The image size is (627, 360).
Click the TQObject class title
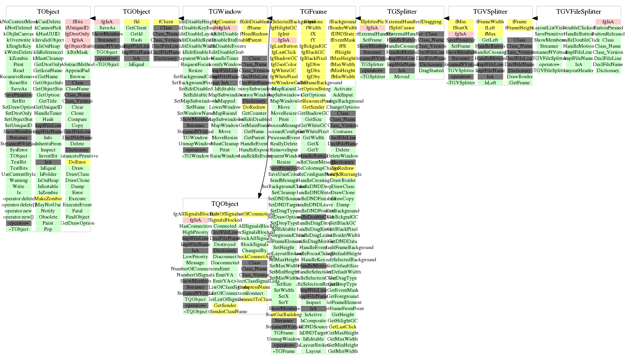point(225,204)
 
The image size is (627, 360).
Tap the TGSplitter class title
point(402,12)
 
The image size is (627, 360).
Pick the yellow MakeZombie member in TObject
point(48,199)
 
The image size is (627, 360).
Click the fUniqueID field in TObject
point(77,28)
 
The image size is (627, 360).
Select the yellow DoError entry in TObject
point(77,162)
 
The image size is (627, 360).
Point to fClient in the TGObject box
point(166,22)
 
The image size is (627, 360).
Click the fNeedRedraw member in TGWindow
point(254,34)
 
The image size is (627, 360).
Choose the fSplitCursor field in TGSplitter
point(402,28)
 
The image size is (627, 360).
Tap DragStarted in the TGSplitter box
point(431,71)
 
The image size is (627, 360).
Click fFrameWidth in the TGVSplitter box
point(490,22)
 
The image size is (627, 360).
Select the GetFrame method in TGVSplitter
point(520,83)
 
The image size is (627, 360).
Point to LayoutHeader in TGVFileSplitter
point(579,71)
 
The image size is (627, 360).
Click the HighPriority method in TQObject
point(196,232)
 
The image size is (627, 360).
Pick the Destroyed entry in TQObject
point(225,244)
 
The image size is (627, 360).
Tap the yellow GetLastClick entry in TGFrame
point(343,327)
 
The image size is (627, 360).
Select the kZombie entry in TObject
point(19,58)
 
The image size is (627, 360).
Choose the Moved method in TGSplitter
point(402,77)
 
